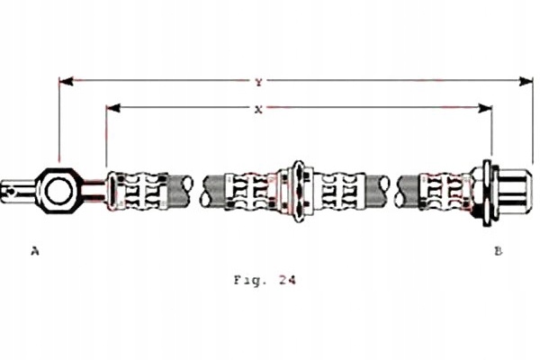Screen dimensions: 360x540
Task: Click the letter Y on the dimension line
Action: [x=258, y=82]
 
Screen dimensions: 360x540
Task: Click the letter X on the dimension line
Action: [x=258, y=109]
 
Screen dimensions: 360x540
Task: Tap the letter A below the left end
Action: [x=35, y=251]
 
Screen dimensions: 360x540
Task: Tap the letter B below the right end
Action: [x=498, y=251]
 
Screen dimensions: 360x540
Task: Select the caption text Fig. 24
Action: [x=264, y=279]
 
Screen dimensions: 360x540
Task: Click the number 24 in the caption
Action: [x=286, y=279]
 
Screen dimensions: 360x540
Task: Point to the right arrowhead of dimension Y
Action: [x=527, y=82]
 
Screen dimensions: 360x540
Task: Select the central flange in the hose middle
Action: [x=298, y=190]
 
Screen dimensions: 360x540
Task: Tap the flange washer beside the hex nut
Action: [x=488, y=190]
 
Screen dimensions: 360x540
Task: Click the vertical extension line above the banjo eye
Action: [x=59, y=126]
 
